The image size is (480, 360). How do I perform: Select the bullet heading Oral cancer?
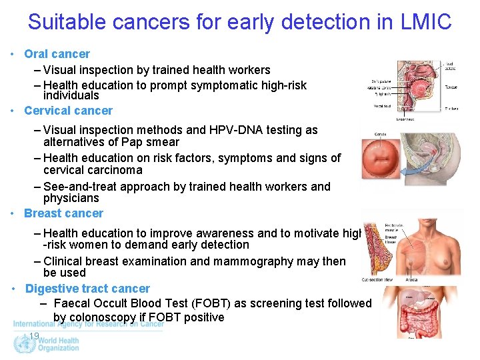click(57, 54)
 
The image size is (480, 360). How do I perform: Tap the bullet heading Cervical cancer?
click(68, 111)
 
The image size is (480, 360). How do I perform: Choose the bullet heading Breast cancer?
click(63, 213)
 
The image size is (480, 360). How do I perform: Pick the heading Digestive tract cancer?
click(87, 289)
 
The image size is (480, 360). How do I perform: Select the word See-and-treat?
click(77, 187)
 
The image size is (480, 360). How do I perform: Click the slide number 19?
click(33, 336)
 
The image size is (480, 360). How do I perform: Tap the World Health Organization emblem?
click(23, 344)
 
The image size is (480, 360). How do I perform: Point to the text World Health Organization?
click(58, 344)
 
